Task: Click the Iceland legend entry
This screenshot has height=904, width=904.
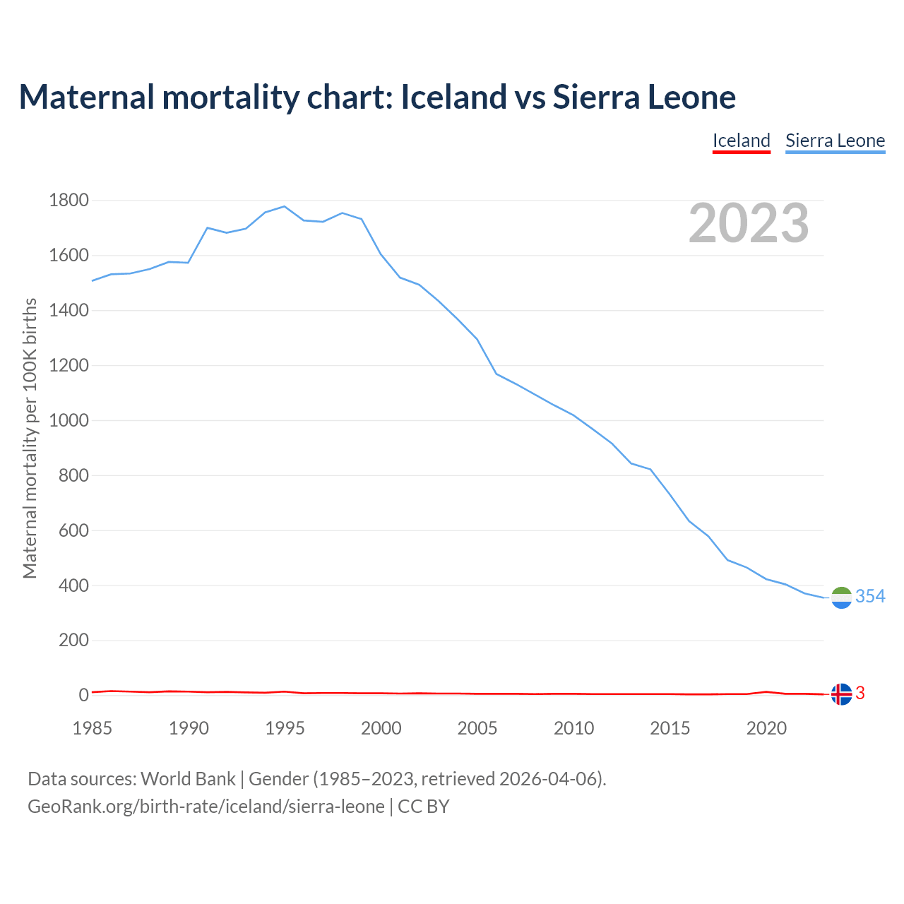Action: [x=741, y=141]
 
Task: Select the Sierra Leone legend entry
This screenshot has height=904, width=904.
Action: [x=835, y=141]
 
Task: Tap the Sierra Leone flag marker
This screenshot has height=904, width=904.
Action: [x=841, y=597]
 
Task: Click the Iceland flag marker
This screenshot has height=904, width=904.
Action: [x=841, y=694]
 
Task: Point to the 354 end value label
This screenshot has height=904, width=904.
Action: [x=870, y=597]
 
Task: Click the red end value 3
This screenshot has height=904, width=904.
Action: [x=860, y=694]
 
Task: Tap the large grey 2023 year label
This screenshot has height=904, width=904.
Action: [x=749, y=223]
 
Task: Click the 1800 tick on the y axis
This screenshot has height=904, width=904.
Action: [x=69, y=201]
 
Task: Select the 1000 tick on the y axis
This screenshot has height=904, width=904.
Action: [x=69, y=420]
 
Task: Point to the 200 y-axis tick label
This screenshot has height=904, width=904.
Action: [x=73, y=641]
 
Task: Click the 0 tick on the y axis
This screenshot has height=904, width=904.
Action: [x=84, y=696]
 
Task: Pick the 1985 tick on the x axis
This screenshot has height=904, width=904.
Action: [x=93, y=728]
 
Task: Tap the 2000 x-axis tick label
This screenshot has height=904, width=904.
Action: [x=381, y=728]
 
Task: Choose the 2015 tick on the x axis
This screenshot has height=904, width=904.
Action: [x=670, y=728]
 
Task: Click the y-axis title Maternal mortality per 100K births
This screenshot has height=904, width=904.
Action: [x=30, y=438]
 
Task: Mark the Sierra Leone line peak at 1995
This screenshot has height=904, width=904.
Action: [x=284, y=206]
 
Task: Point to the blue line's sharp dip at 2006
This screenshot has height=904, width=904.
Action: [x=496, y=374]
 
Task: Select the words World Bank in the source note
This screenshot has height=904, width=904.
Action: [x=188, y=779]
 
